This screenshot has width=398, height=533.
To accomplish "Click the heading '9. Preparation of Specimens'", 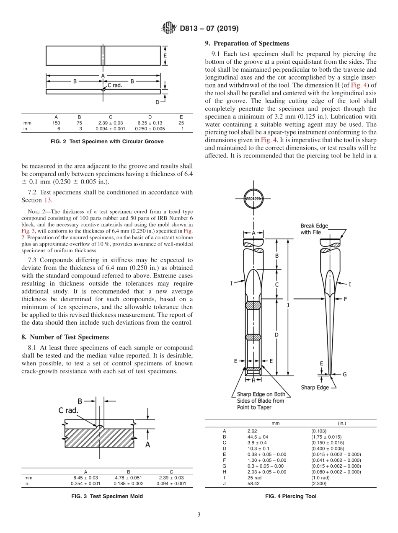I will [247, 44].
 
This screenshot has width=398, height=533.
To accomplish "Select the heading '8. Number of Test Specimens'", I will [65, 337].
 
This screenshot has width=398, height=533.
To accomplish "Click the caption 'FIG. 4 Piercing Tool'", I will [290, 496].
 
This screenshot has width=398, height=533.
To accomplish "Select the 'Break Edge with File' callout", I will [314, 229].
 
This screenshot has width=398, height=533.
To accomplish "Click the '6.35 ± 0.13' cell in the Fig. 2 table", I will [150, 123].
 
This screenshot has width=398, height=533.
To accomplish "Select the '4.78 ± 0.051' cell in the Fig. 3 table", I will [128, 477].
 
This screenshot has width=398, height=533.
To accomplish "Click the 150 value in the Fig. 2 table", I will [56, 123].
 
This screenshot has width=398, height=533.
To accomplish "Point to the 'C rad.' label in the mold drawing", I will [68, 411].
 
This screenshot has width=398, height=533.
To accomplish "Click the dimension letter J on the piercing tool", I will [288, 305].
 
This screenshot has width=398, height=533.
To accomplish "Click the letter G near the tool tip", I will [344, 374].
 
